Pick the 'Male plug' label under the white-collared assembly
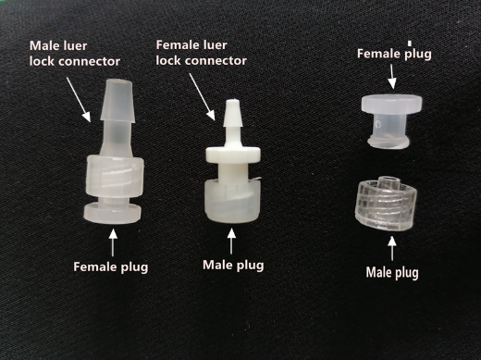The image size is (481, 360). point(232,266)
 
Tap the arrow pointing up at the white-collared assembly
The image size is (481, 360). point(230,242)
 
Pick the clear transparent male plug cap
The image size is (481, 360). point(389,203)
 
